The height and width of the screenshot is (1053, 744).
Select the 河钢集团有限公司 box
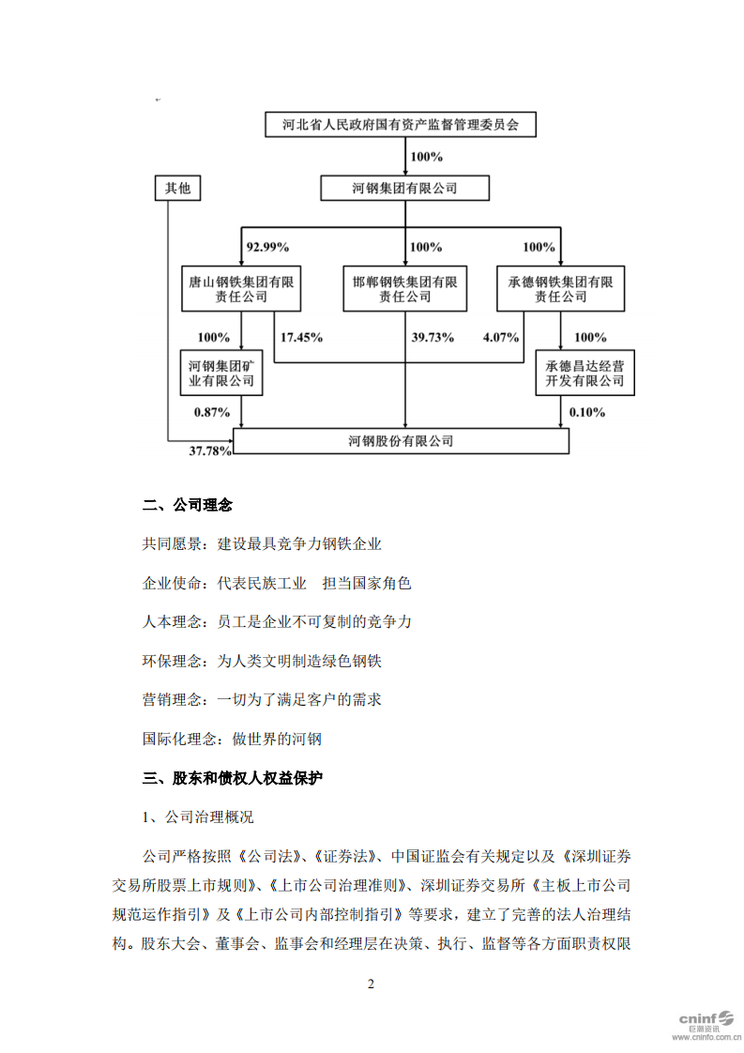(x=404, y=189)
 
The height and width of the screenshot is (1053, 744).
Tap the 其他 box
(x=177, y=189)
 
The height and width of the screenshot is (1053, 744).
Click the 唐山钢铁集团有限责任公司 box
(x=241, y=288)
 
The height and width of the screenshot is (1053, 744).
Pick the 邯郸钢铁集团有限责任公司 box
(x=404, y=288)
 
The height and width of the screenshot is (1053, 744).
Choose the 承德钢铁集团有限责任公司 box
(x=561, y=288)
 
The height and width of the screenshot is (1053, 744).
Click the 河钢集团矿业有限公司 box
(x=221, y=373)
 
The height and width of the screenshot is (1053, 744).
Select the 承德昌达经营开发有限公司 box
(x=585, y=373)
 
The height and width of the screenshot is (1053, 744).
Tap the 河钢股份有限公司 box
(x=401, y=440)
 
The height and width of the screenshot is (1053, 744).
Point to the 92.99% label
(x=267, y=247)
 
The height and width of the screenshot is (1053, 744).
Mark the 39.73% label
(x=433, y=336)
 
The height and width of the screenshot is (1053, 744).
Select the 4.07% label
(x=501, y=336)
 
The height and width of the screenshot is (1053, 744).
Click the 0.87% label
(x=211, y=411)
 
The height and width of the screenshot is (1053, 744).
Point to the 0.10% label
(x=587, y=411)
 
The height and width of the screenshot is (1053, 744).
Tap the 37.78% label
(x=210, y=451)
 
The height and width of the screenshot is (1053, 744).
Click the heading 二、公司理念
(x=188, y=505)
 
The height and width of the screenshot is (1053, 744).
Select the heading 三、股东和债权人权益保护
(x=233, y=778)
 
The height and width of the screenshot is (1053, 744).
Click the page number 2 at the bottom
(x=371, y=984)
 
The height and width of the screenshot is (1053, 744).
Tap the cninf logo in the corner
(x=704, y=1022)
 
